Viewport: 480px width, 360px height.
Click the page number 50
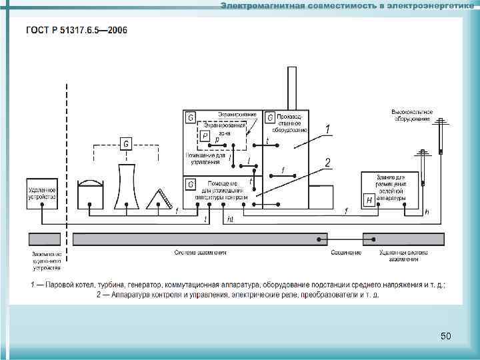click(x=446, y=336)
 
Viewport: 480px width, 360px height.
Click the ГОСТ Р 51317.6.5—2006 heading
click(x=77, y=30)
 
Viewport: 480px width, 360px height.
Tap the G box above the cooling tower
click(x=127, y=143)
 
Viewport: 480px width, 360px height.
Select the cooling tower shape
click(x=126, y=187)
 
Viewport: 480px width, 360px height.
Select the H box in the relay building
click(x=369, y=200)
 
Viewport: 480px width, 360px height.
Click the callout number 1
click(x=327, y=128)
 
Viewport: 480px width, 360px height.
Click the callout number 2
click(x=327, y=162)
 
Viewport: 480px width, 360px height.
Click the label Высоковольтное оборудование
click(x=413, y=114)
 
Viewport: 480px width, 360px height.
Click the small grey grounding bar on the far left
click(x=45, y=239)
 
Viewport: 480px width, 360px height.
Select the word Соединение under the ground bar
click(x=346, y=253)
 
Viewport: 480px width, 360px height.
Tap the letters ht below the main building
click(x=230, y=218)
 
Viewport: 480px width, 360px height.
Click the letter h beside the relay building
click(x=427, y=211)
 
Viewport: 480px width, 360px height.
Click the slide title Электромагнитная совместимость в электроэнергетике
click(x=347, y=6)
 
